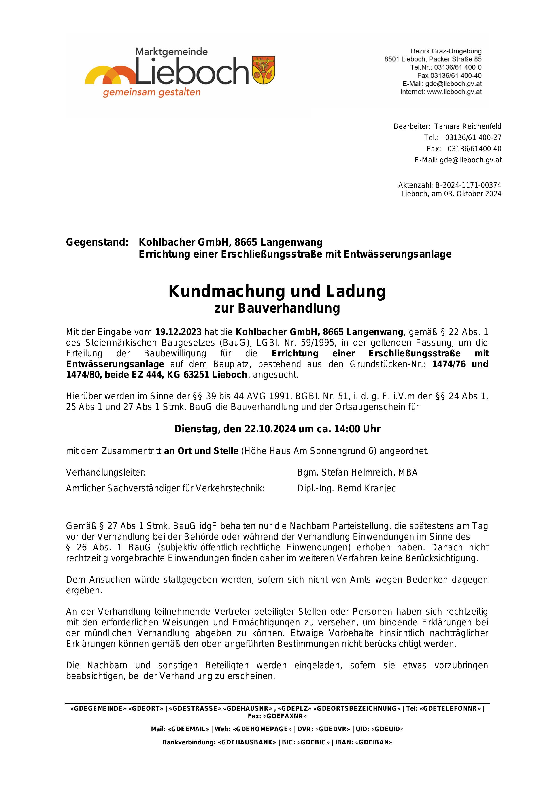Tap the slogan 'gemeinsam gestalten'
click(x=152, y=92)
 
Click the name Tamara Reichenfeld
click(x=468, y=126)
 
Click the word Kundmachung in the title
click(x=226, y=291)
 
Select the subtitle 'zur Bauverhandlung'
click(x=277, y=308)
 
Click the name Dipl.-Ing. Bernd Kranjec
click(x=346, y=488)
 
